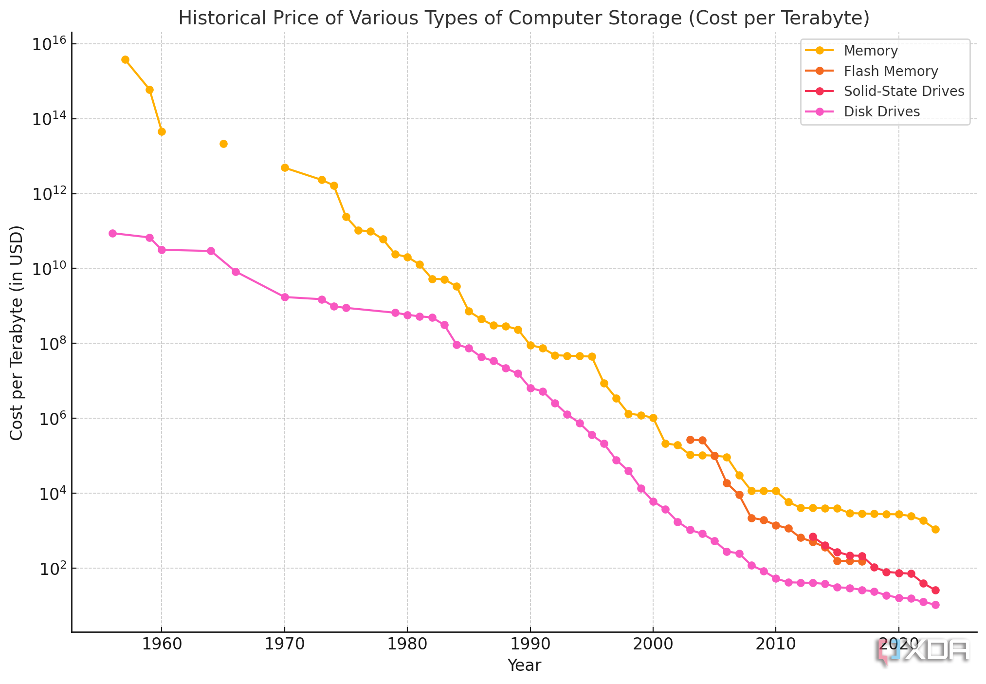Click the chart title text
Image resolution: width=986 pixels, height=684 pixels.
(524, 18)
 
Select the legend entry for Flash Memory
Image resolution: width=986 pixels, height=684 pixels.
(891, 71)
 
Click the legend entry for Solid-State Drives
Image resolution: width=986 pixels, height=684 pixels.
(904, 92)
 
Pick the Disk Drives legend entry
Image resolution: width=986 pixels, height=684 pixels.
(881, 112)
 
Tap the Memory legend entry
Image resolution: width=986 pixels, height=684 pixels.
(871, 51)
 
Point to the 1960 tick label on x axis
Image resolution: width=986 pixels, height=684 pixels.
(162, 646)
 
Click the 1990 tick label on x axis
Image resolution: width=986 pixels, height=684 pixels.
(530, 646)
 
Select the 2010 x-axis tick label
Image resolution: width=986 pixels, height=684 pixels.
(776, 646)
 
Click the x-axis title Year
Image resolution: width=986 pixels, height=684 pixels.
(524, 666)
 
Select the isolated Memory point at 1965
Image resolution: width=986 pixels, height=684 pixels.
(223, 144)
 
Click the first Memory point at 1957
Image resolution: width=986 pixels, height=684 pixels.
(125, 59)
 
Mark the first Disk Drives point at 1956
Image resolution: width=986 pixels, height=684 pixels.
(112, 233)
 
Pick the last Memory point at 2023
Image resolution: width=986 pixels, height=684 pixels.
(935, 529)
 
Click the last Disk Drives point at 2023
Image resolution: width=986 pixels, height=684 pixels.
(935, 605)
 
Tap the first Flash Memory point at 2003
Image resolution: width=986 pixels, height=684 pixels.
(690, 440)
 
